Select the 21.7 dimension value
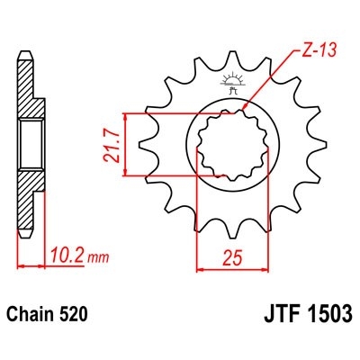pos(112,144)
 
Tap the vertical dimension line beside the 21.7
pos(129,144)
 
